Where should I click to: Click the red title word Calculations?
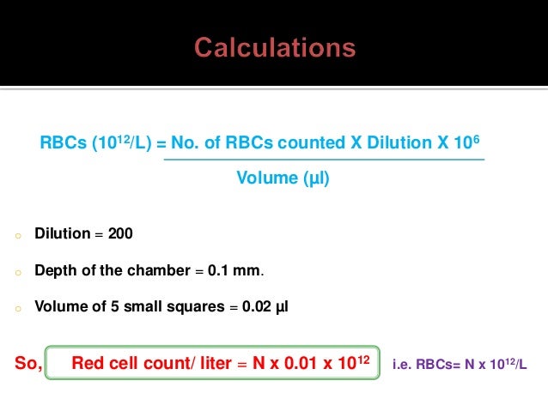[275, 46]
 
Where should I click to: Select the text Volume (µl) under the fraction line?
[283, 179]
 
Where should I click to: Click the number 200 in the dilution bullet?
[120, 233]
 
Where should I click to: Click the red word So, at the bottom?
[29, 364]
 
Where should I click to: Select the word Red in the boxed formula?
[87, 364]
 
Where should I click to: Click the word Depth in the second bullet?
[53, 271]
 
